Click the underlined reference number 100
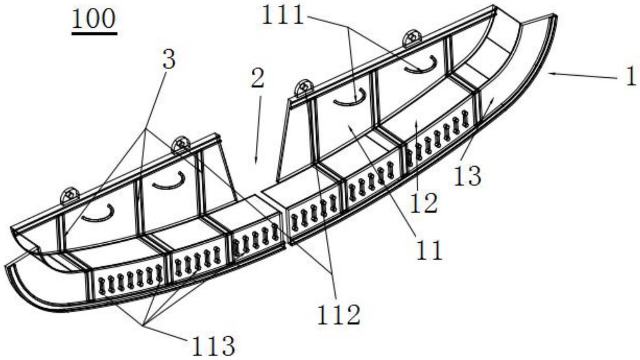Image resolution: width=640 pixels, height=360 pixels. tap(94, 20)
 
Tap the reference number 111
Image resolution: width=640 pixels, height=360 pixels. tap(282, 16)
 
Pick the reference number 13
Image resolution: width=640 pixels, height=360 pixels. tap(468, 176)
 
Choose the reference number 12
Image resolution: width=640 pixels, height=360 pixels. tap(424, 203)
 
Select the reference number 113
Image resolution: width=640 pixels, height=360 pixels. tap(214, 345)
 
